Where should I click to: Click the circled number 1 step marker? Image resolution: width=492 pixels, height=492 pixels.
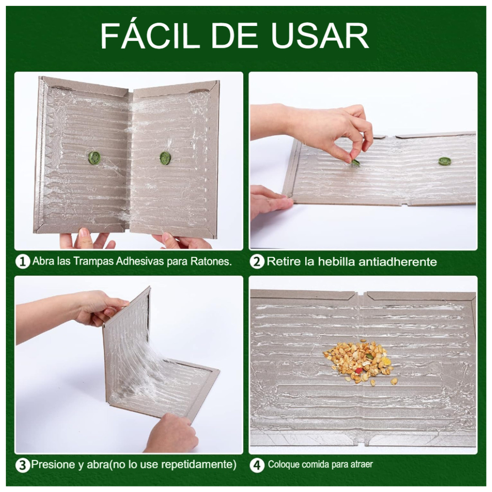pos(23,261)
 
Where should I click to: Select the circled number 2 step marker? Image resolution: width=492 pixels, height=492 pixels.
pos(257,261)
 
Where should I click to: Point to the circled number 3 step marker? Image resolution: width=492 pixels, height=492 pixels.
pos(23,465)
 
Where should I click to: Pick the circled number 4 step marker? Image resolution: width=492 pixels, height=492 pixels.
pos(257,465)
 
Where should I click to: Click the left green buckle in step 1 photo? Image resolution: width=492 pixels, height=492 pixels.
pos(93,157)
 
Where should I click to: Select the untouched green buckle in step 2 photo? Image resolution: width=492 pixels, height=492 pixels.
pos(445,161)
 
